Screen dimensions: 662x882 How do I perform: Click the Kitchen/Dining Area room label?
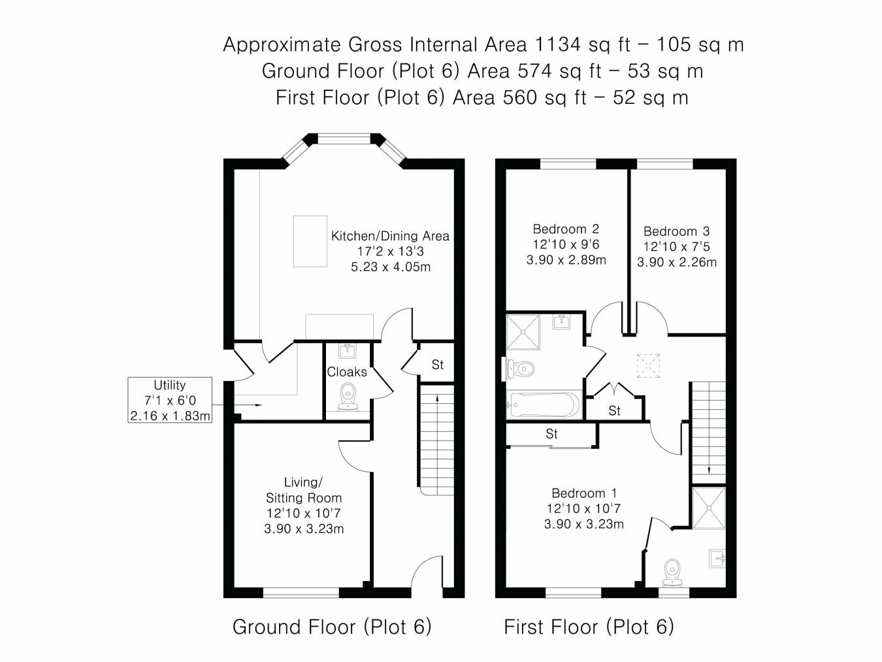[390, 236]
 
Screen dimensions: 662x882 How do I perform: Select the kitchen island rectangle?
[310, 241]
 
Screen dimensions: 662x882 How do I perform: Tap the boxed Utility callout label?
[170, 400]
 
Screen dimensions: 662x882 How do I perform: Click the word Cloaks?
[347, 372]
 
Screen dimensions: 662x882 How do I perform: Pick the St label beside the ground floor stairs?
[437, 365]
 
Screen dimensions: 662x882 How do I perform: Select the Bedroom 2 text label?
[566, 229]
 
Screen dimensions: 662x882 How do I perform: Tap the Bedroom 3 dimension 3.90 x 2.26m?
[677, 262]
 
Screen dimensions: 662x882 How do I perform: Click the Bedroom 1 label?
[583, 493]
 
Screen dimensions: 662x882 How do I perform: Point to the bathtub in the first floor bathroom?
[544, 405]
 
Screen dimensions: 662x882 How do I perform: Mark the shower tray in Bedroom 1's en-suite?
[708, 506]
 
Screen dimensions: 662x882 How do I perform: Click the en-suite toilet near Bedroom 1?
[672, 572]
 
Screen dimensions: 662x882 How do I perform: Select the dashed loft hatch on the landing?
[647, 365]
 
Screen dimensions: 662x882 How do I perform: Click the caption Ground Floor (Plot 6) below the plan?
[332, 627]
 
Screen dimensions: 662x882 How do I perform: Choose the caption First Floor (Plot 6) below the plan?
[589, 627]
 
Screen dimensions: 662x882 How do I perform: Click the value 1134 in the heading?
[557, 44]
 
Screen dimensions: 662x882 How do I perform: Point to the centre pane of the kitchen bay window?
[344, 139]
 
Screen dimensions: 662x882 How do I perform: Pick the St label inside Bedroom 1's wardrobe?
[551, 434]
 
